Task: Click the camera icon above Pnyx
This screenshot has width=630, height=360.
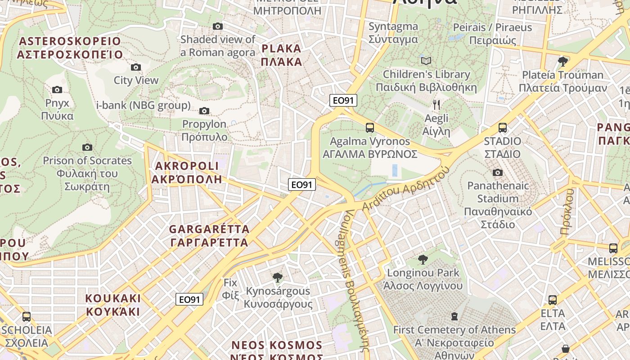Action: (x=57, y=90)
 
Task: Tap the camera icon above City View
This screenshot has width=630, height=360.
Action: (x=135, y=67)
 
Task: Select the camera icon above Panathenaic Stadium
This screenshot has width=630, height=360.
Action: (x=497, y=172)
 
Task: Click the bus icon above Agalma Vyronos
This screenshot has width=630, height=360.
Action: (x=369, y=128)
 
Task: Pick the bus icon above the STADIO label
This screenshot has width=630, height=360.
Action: (x=502, y=128)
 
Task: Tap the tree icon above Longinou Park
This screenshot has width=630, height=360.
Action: (x=423, y=259)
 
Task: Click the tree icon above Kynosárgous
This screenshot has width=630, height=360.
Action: (x=278, y=277)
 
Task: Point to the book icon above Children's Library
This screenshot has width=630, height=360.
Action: (x=426, y=61)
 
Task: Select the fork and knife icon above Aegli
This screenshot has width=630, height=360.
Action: (x=436, y=105)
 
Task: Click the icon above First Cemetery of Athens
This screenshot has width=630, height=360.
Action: (x=454, y=316)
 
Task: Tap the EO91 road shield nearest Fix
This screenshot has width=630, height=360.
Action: (x=189, y=299)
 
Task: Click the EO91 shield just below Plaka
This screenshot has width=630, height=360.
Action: (x=343, y=100)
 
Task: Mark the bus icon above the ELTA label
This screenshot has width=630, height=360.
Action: (x=552, y=300)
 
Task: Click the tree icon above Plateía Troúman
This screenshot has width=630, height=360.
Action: (x=562, y=61)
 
